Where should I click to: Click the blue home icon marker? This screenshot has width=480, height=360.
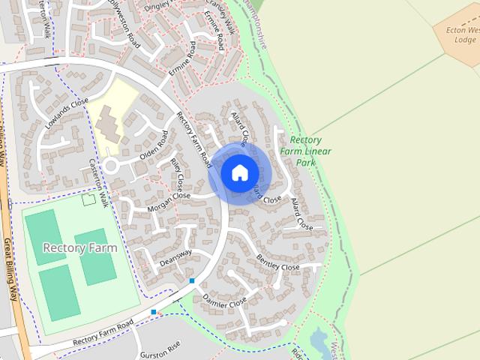click(x=239, y=172)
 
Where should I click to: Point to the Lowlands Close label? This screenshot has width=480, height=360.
click(x=66, y=113)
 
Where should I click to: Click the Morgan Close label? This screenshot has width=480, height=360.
click(x=169, y=200)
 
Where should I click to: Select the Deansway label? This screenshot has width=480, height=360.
click(x=175, y=257)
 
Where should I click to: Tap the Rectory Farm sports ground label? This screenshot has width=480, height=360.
click(x=79, y=247)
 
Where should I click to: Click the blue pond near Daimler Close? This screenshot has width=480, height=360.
click(x=319, y=340)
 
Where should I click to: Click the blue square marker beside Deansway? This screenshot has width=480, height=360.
click(x=192, y=280)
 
